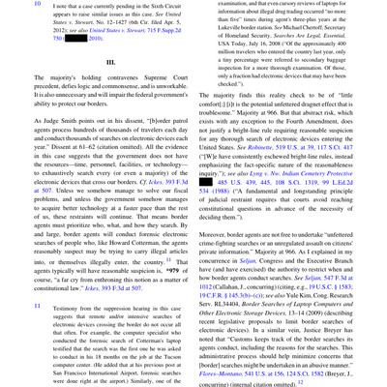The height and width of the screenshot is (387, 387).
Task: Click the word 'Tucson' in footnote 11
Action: [179, 347]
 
